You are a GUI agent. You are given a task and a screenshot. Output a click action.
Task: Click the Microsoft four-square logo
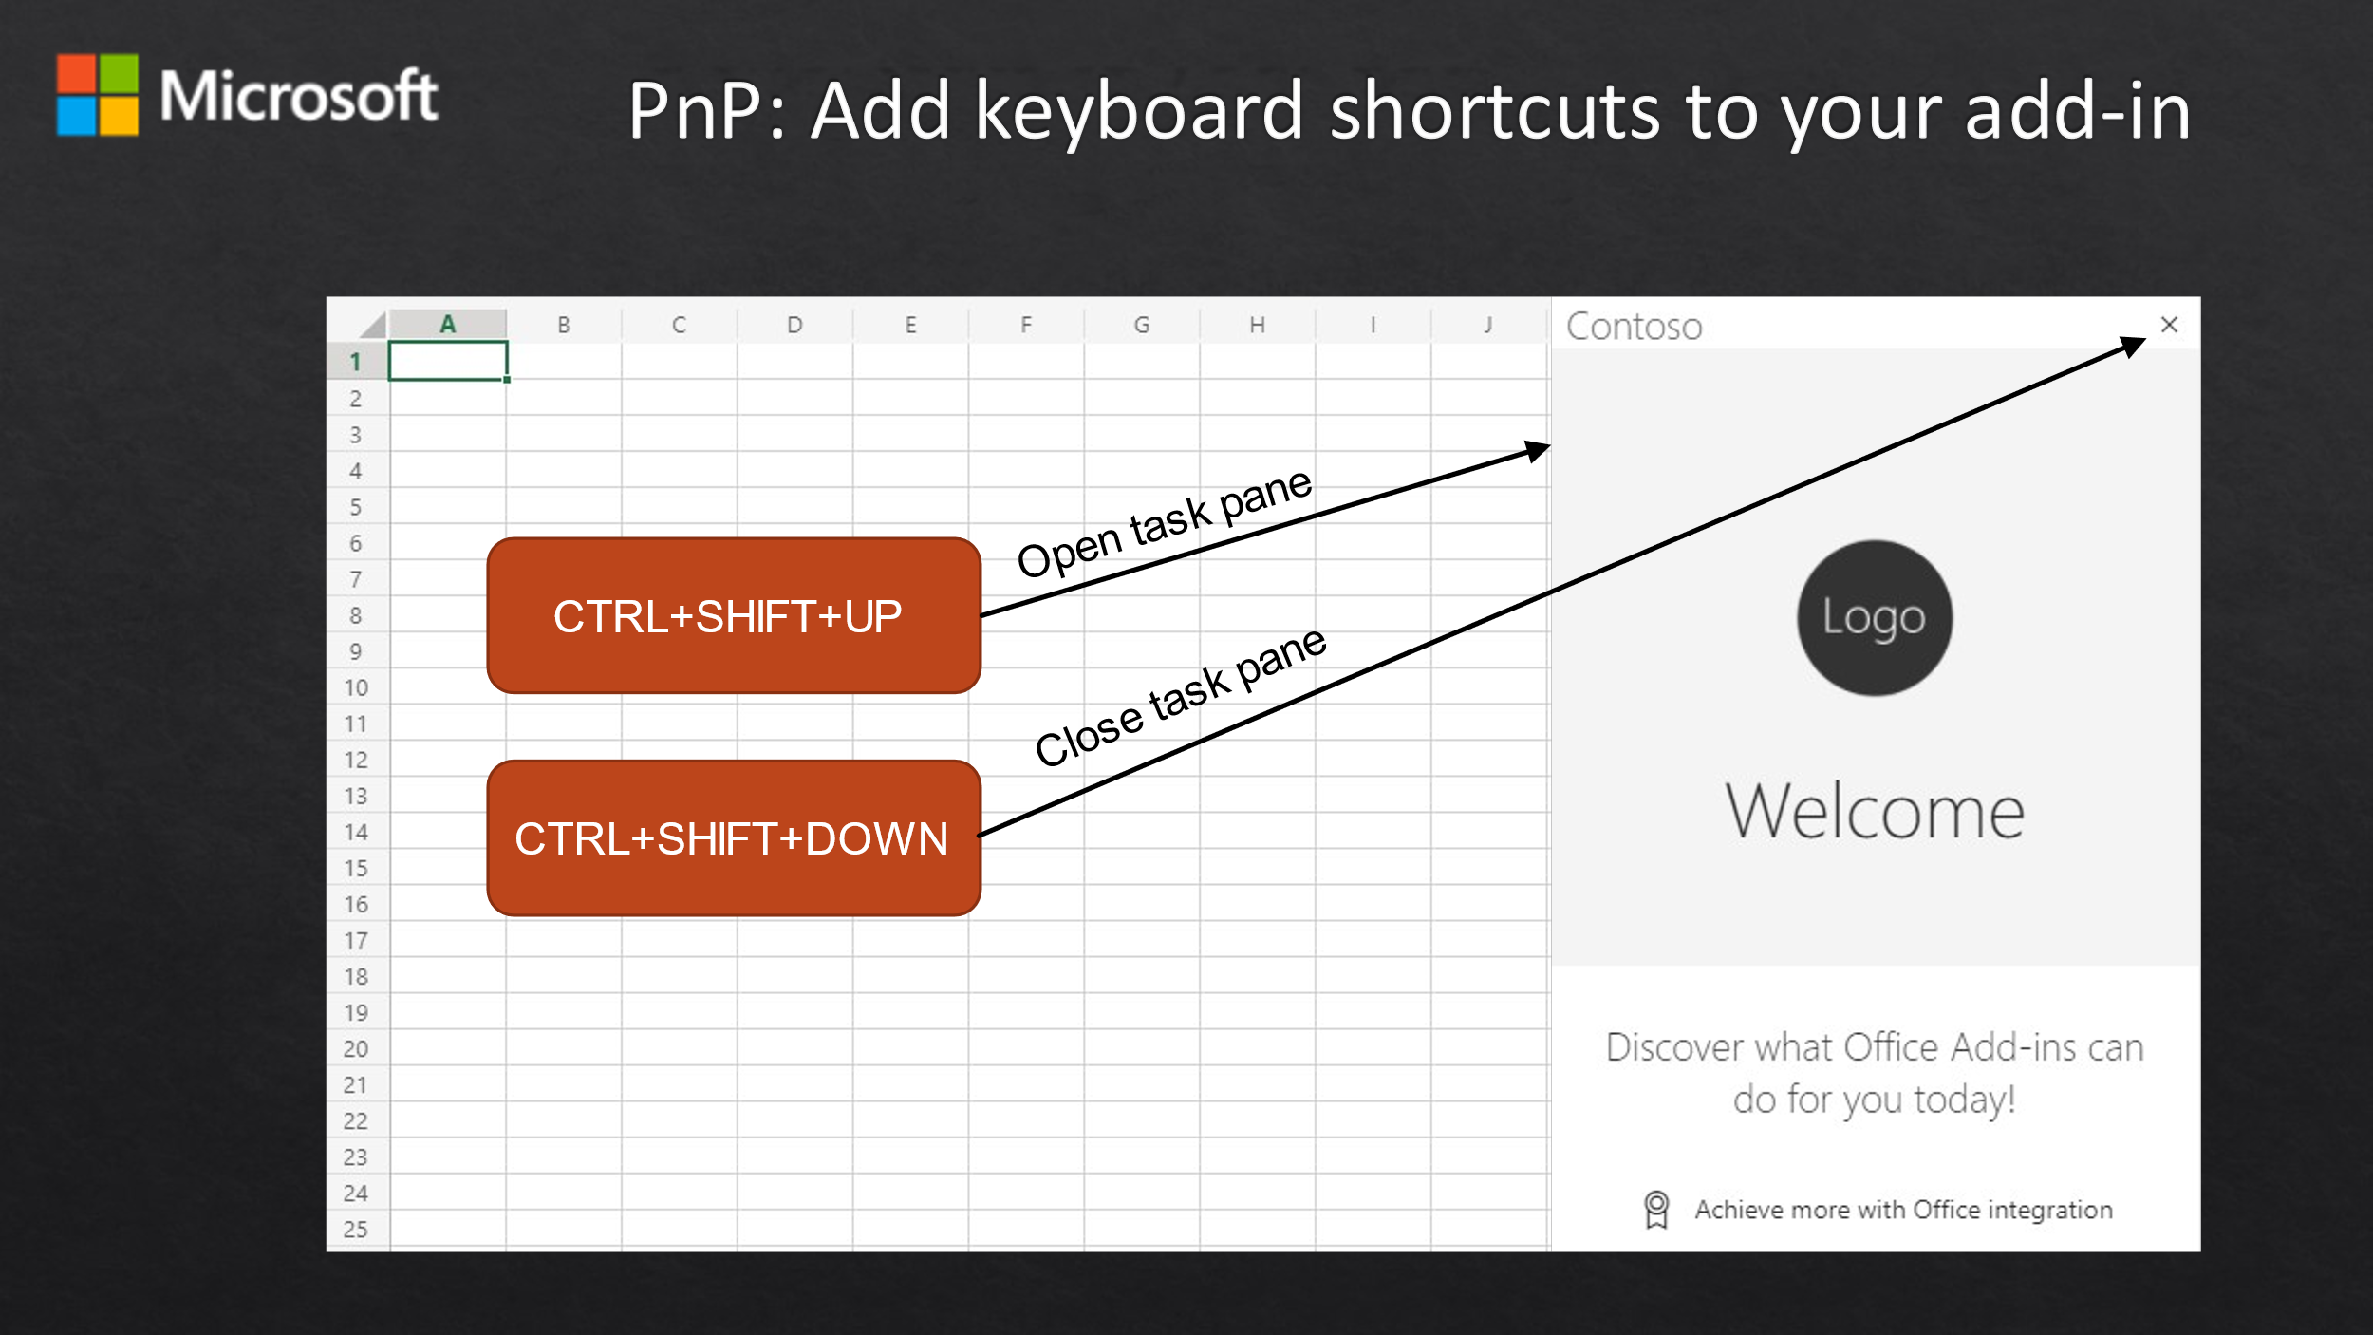[x=98, y=95]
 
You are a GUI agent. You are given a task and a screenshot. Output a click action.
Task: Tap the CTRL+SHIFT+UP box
[x=734, y=616]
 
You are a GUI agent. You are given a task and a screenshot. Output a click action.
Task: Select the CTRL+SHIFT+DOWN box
[x=734, y=838]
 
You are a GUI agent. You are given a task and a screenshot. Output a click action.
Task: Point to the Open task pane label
[x=1165, y=522]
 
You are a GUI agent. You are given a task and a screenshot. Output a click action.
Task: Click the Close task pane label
[x=1180, y=697]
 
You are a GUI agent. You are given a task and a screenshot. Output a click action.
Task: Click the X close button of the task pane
[x=2169, y=325]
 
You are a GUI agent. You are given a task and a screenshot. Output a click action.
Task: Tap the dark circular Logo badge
[x=1875, y=618]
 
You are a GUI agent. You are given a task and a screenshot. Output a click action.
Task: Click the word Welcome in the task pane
[x=1875, y=812]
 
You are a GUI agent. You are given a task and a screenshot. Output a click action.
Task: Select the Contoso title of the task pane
[x=1635, y=327]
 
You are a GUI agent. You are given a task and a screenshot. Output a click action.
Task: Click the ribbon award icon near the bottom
[x=1656, y=1210]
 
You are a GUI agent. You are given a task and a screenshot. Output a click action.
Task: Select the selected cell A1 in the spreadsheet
[x=448, y=361]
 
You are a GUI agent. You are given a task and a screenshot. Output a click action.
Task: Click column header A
[x=448, y=325]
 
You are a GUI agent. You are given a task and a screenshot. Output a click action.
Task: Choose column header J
[x=1488, y=325]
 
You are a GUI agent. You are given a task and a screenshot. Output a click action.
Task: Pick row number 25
[x=356, y=1230]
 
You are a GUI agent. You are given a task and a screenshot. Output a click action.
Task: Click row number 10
[x=356, y=687]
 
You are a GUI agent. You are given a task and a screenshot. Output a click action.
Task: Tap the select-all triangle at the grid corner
[x=374, y=326]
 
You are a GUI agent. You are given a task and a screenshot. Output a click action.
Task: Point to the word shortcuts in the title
[x=1496, y=111]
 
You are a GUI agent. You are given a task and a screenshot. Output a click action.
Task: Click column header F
[x=1026, y=325]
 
